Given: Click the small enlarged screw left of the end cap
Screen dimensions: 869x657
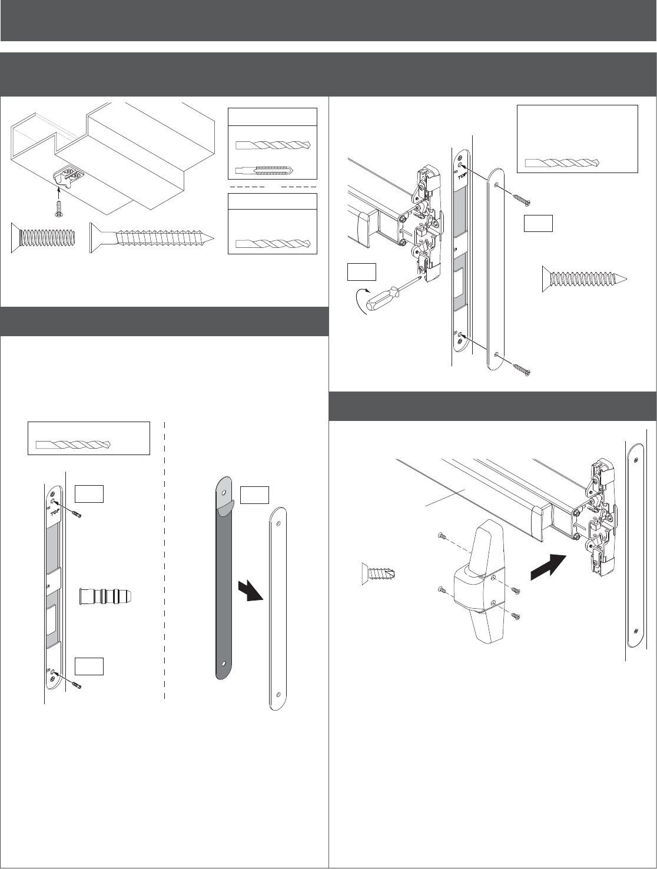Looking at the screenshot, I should [x=380, y=573].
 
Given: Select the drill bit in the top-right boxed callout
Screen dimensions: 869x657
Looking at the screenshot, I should [x=562, y=163].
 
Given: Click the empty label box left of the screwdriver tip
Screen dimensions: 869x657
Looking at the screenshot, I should [x=361, y=271].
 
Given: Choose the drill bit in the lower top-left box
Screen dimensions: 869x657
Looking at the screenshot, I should [x=272, y=244].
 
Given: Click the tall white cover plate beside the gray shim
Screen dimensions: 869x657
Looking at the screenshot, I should [x=277, y=609].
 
